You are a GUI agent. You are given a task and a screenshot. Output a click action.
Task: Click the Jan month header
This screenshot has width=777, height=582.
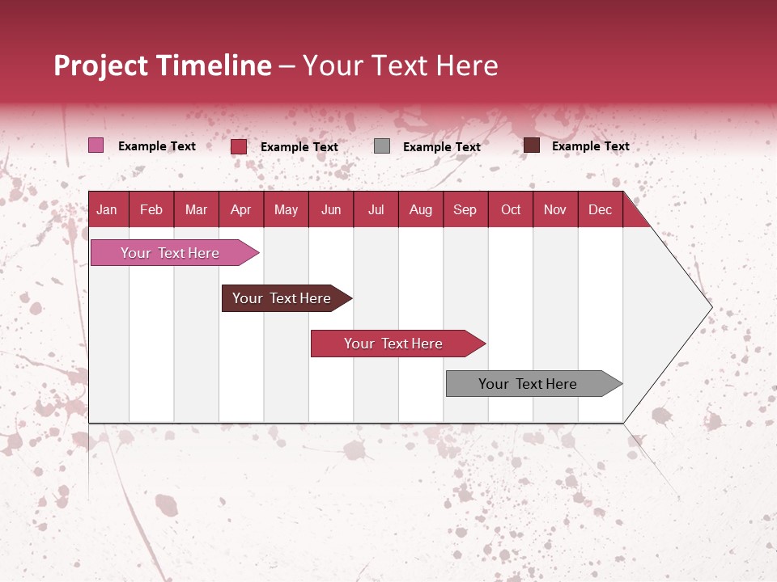tap(107, 209)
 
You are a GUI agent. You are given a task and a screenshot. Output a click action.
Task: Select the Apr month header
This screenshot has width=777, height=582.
tap(240, 209)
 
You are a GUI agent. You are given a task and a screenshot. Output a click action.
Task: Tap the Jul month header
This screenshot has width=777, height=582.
tap(376, 209)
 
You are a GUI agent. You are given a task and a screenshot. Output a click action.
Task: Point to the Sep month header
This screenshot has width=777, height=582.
tap(465, 209)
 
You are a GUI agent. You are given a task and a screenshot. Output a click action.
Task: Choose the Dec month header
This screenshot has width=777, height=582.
tap(600, 209)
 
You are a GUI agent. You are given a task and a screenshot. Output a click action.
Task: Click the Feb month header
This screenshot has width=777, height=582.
tap(151, 209)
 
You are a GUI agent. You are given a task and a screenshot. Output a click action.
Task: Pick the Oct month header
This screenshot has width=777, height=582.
tap(511, 209)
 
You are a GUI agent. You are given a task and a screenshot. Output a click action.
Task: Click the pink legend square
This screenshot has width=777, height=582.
tap(96, 145)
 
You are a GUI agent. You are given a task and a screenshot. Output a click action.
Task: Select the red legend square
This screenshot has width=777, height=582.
tap(239, 146)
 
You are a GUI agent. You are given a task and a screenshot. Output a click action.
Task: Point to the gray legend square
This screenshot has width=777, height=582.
tap(382, 145)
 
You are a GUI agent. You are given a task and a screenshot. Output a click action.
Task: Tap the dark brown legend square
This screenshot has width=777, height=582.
tap(531, 145)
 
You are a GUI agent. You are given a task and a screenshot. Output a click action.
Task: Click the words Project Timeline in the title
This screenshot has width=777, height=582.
tap(162, 65)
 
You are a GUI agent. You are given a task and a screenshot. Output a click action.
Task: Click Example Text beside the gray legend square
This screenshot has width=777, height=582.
tap(441, 147)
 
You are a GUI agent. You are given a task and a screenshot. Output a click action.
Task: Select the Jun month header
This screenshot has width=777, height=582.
tap(331, 209)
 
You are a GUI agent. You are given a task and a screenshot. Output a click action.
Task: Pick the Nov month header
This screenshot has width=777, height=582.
tap(555, 209)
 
